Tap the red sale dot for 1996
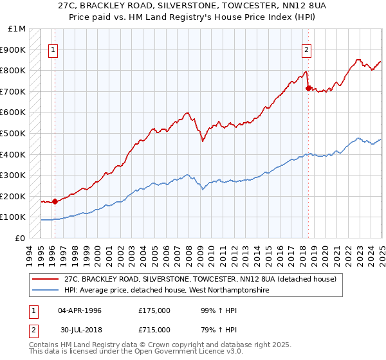pos(55,201)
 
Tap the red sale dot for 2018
pos(308,88)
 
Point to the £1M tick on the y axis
pos(17,29)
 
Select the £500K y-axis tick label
pos(14,133)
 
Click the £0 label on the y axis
pos(21,238)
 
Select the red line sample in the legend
pos(45,279)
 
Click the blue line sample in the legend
pos(45,291)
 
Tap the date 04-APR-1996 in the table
pos(79,310)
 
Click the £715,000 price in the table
pos(154,329)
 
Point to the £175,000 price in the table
pos(154,310)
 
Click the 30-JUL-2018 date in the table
pos(79,329)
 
